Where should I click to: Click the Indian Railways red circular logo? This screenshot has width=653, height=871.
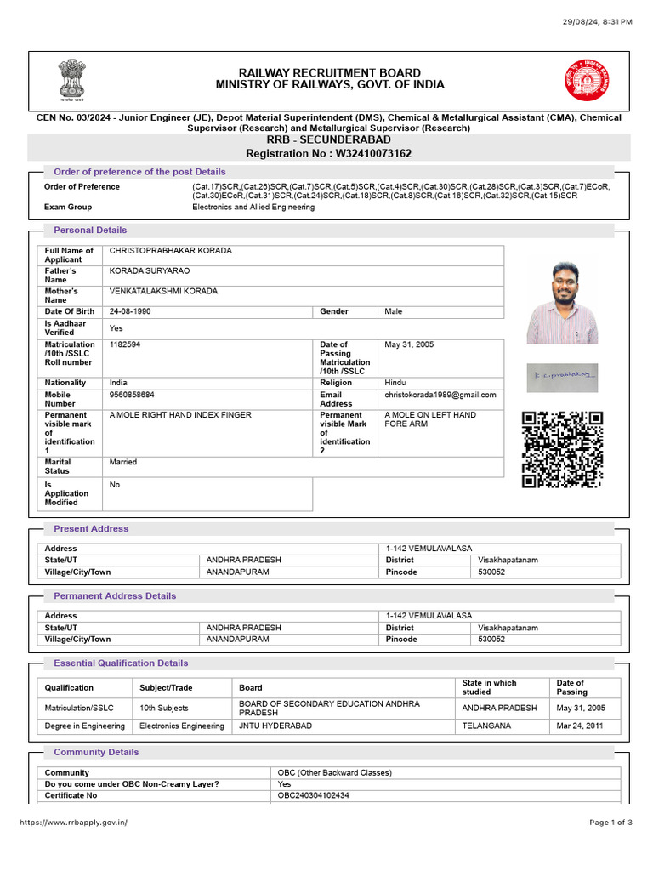coord(585,81)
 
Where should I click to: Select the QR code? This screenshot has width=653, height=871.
coord(562,450)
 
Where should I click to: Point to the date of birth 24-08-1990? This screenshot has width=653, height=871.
coord(130,312)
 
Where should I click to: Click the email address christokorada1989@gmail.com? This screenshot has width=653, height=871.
coord(440,396)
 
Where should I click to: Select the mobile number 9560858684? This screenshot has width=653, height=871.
coord(132,396)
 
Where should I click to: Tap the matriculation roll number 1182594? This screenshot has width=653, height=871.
coord(125,344)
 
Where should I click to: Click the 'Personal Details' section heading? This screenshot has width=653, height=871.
coord(90,231)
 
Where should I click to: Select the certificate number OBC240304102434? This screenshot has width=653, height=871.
coord(313,795)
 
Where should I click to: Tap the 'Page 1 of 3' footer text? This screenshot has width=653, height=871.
coord(610,823)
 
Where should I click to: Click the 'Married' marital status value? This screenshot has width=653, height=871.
coord(123,463)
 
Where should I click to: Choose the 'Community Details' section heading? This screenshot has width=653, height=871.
coord(96,753)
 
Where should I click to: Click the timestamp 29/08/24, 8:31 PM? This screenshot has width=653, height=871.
coord(598,21)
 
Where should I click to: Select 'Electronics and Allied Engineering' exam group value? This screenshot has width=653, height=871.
coord(253,208)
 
